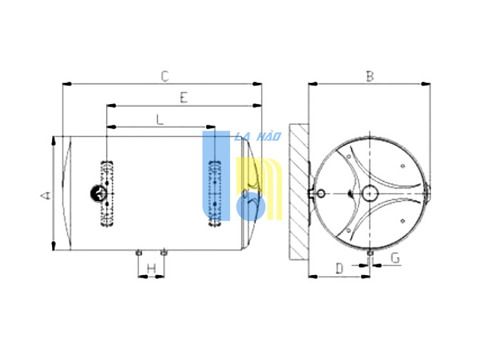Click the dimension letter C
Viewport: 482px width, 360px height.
point(165,76)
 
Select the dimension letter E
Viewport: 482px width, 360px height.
point(184,98)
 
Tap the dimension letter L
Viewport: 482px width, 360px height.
point(160,120)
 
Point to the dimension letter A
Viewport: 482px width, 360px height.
point(46,195)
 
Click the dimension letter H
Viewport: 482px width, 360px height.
point(151,269)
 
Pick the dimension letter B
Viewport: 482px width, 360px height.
point(370,76)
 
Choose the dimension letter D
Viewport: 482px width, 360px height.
point(339,268)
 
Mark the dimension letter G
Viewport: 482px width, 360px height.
point(395,258)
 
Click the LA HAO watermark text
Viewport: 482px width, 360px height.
point(258,136)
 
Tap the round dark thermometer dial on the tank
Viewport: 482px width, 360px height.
point(98,194)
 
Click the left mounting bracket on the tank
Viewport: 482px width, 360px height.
point(107,194)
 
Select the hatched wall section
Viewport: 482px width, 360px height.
point(299,192)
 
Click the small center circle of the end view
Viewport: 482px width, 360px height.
point(370,194)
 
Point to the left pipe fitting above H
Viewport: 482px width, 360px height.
point(138,253)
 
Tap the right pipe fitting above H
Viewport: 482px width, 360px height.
point(164,253)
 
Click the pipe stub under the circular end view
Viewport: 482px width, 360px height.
point(370,253)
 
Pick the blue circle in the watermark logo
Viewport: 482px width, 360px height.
point(251,206)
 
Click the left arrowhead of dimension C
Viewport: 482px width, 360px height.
point(67,84)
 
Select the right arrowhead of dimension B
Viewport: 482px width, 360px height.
point(425,84)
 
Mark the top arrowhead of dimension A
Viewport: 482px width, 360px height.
point(54,141)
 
